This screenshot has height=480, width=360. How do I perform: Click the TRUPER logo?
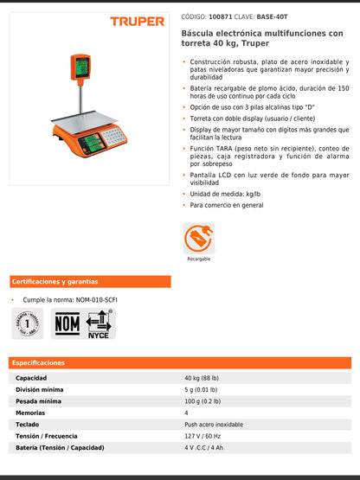coord(137,21)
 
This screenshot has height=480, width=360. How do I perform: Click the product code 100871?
coord(221,16)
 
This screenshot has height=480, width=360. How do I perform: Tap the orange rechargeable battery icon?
coord(198,238)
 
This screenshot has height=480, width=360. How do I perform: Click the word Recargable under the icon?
coord(199,259)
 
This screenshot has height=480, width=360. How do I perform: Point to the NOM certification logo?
coord(67,323)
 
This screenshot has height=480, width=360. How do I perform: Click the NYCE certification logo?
coord(99,323)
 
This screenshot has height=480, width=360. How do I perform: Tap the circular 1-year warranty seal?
coord(31,323)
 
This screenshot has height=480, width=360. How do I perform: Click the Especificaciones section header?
coord(39,363)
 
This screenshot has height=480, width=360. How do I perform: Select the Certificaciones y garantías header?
coord(55,282)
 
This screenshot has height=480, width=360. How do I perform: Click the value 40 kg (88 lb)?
coord(202,378)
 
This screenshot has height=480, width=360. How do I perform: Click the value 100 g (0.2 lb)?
coord(202,401)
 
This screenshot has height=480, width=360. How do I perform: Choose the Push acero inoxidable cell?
coord(214,425)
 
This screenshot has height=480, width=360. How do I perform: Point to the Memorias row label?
coord(32,413)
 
